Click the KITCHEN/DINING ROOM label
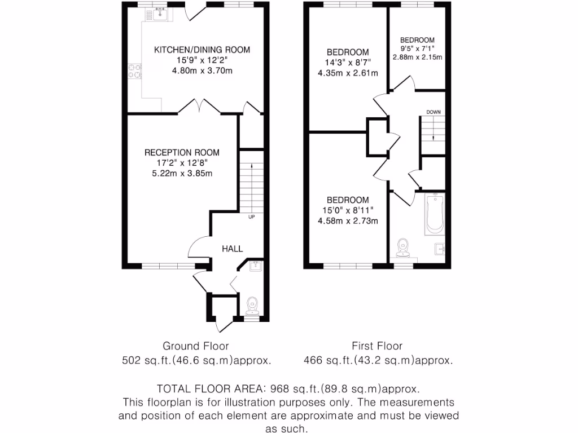(x=202, y=50)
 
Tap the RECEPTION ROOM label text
(x=182, y=153)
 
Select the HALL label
(x=232, y=249)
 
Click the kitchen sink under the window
(x=161, y=13)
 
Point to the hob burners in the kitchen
(x=135, y=72)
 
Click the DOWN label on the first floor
(x=433, y=112)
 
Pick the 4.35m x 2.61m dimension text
(x=348, y=73)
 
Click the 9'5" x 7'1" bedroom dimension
(x=417, y=48)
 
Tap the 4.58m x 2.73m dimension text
(x=348, y=221)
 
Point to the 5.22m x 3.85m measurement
(x=182, y=174)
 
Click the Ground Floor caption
(x=196, y=346)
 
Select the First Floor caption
(x=377, y=346)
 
